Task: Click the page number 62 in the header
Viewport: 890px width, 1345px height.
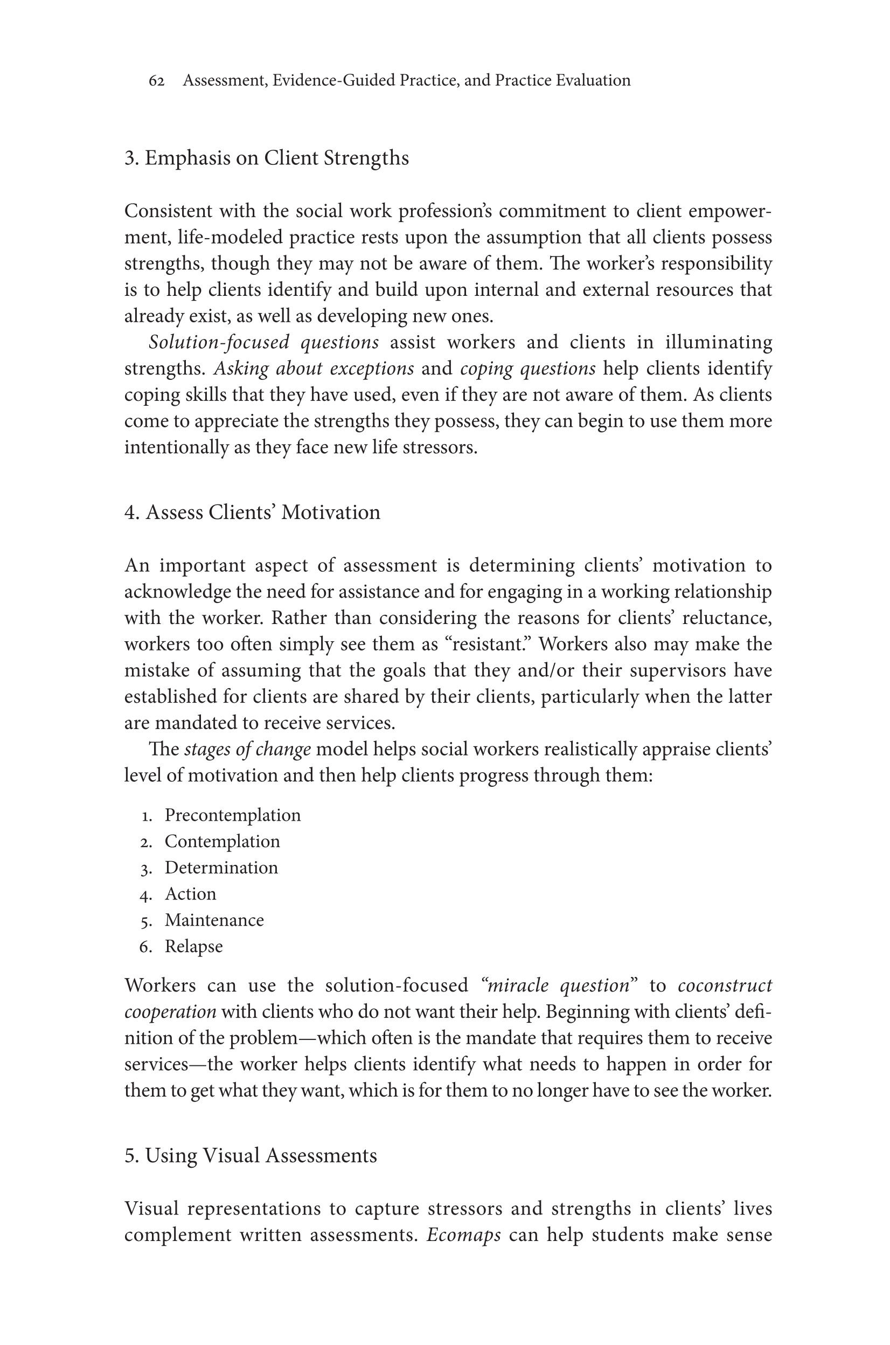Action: (157, 81)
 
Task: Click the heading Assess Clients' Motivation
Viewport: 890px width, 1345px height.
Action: (252, 512)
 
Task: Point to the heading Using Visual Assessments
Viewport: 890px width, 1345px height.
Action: (251, 1155)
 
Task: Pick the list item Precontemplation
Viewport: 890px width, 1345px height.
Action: (233, 815)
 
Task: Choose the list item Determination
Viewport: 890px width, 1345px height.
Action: (221, 868)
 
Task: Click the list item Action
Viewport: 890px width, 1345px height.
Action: (190, 893)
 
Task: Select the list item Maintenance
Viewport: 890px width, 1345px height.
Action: (214, 920)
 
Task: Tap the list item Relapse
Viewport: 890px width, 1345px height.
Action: (193, 946)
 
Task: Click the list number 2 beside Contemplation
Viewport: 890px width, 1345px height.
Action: (146, 842)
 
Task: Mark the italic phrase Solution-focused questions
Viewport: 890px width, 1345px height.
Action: (263, 342)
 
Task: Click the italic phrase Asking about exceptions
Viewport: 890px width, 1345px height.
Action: (314, 369)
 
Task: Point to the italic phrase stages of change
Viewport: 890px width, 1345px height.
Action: (247, 750)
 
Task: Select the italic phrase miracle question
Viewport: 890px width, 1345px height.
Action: (559, 985)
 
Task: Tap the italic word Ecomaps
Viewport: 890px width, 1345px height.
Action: (463, 1235)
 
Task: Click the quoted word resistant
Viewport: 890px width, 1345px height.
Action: (488, 644)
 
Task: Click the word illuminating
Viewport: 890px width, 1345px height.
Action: (719, 342)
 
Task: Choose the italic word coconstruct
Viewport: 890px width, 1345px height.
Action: (725, 985)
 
